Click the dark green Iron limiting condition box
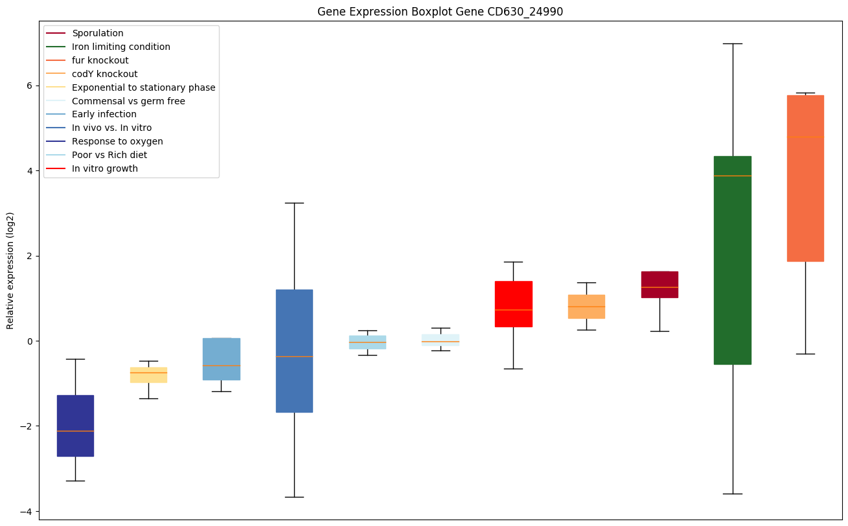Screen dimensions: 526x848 [x=732, y=260]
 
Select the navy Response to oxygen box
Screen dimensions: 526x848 [x=75, y=426]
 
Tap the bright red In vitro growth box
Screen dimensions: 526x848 [x=513, y=304]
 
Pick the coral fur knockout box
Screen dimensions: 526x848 [x=805, y=178]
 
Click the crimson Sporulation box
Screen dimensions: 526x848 [x=659, y=284]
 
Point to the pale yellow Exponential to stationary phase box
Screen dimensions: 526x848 [x=148, y=375]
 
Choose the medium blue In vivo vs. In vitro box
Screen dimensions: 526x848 [x=294, y=350]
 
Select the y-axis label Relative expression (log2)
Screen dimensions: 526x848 [x=10, y=271]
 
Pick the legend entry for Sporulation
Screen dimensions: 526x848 [x=98, y=33]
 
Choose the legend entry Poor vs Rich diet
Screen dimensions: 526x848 [x=109, y=155]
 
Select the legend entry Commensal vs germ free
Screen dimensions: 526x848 [x=128, y=101]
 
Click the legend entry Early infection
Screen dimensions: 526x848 [x=104, y=115]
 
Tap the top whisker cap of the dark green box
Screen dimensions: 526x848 [x=732, y=43]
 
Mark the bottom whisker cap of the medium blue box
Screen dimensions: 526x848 [x=294, y=497]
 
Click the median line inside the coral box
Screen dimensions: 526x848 [x=805, y=137]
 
